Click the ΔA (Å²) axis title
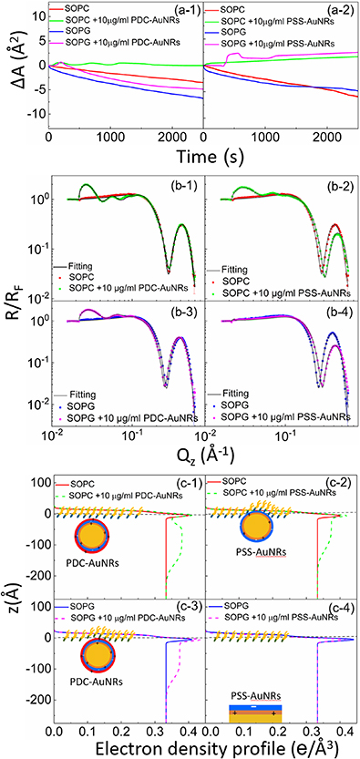(x=12, y=66)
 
